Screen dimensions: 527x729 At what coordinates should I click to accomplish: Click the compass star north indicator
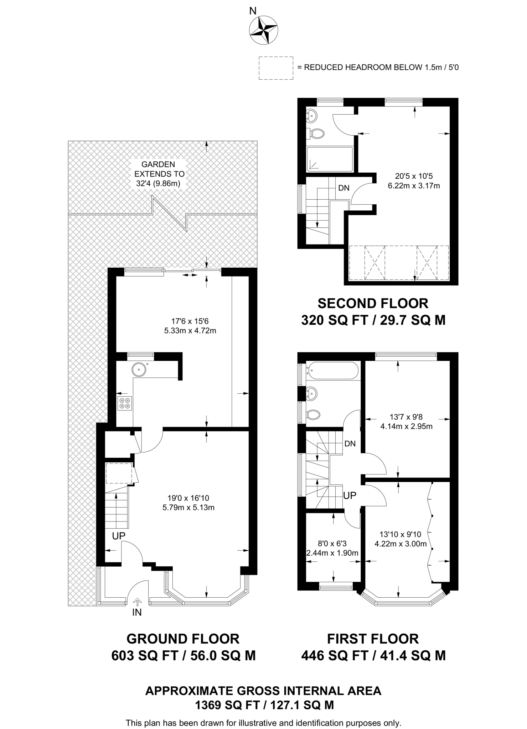click(263, 31)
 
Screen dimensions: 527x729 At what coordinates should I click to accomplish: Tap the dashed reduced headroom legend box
click(276, 68)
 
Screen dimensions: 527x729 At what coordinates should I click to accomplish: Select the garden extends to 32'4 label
click(158, 174)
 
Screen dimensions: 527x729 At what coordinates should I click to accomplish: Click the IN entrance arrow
click(137, 602)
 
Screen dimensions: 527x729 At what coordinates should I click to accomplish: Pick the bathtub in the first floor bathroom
click(332, 371)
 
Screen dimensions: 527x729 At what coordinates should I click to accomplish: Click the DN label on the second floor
click(344, 188)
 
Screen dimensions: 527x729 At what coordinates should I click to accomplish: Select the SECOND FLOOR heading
click(373, 303)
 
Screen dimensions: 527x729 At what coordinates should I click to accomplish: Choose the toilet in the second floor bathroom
click(317, 134)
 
